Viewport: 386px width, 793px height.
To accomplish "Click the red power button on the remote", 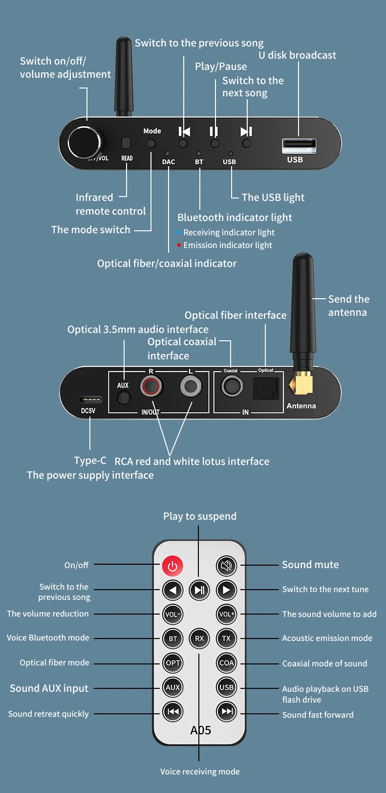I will [172, 566].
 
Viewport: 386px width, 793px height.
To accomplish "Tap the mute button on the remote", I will [226, 566].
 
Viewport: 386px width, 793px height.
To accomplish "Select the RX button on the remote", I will [199, 639].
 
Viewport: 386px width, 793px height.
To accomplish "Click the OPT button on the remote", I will [173, 663].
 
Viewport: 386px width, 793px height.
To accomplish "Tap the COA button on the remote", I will [226, 663].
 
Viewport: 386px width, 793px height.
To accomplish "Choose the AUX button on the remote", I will [173, 687].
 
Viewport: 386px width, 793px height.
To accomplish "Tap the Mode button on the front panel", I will [151, 143].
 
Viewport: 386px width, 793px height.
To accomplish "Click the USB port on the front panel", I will [299, 146].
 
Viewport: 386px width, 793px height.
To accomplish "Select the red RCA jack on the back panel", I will [151, 387].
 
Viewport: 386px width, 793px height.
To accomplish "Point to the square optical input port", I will [266, 389].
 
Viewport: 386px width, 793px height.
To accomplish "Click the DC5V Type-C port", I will [91, 400].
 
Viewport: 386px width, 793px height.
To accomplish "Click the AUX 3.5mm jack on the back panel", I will [124, 397].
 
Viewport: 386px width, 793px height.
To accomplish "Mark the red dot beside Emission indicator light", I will [179, 245].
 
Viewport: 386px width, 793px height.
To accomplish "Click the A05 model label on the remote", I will [201, 730].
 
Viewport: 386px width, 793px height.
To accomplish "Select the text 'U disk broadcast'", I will [297, 55].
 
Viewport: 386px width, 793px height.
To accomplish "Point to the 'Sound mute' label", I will [310, 565].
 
